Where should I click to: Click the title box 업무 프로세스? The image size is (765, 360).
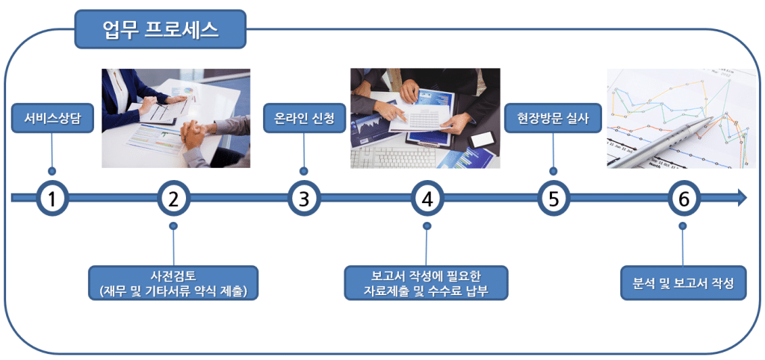tap(160, 29)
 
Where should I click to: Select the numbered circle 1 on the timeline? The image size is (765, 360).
tap(51, 199)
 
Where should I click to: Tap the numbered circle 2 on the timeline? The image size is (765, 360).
tap(173, 199)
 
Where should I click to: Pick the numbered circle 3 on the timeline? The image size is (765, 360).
tap(303, 199)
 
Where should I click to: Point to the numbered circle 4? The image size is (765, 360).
tap(427, 199)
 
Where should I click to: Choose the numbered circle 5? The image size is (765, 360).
tap(553, 199)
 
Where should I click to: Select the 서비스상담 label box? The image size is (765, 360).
tap(51, 118)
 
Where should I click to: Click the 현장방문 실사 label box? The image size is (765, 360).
tap(553, 118)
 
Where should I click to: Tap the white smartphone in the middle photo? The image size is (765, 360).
tap(482, 139)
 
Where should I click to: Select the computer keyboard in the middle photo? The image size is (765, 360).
tap(396, 157)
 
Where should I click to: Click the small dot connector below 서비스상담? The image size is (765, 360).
tap(51, 170)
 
